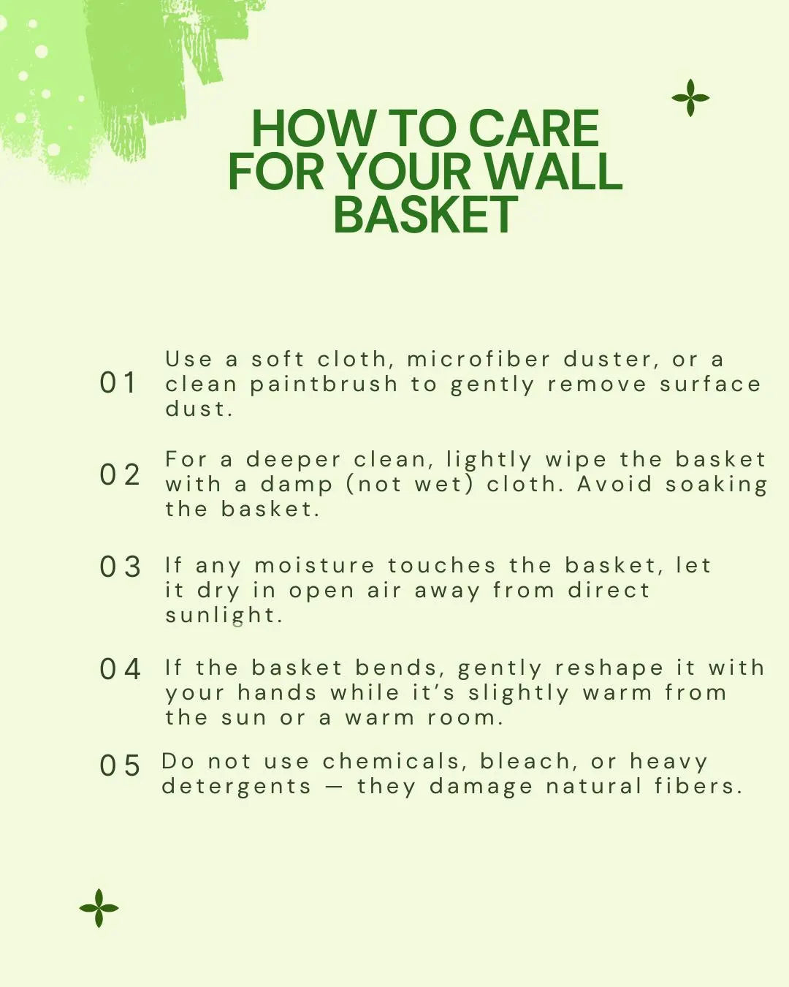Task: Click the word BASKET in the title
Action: (x=425, y=214)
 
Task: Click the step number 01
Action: (x=118, y=382)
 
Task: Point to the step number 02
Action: (x=120, y=474)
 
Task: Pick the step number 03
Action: (x=120, y=567)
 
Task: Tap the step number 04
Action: (x=120, y=669)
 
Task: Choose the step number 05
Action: (x=120, y=765)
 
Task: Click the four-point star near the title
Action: (x=690, y=98)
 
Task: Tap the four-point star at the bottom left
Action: (x=99, y=907)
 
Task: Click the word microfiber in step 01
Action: (x=479, y=359)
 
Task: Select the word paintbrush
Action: (x=324, y=385)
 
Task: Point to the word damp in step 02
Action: (x=296, y=485)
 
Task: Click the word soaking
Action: (x=717, y=485)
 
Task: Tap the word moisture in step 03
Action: (x=314, y=565)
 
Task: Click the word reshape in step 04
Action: (x=609, y=669)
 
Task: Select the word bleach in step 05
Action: (x=526, y=761)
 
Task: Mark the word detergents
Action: (x=237, y=787)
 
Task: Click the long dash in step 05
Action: (x=333, y=787)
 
